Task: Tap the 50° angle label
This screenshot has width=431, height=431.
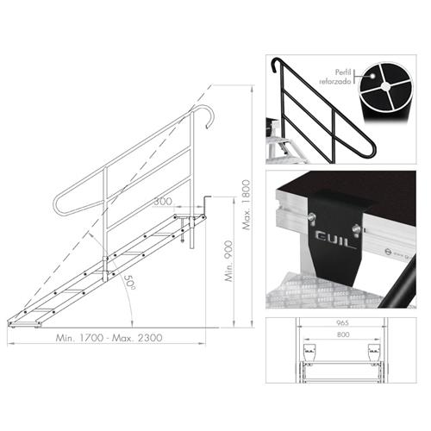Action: coord(129,282)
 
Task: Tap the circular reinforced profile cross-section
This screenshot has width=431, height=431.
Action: coord(385,86)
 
